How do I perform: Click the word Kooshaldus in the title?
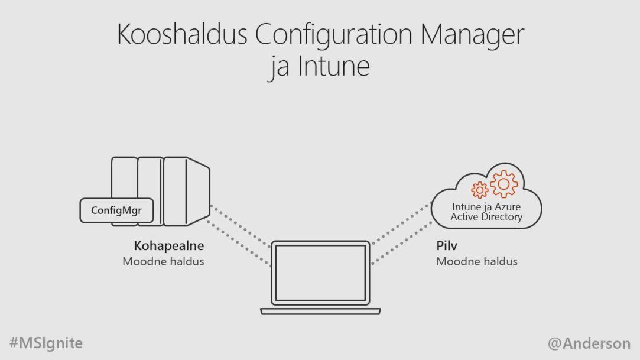(182, 34)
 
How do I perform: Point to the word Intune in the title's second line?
(333, 66)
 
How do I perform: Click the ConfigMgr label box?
(117, 210)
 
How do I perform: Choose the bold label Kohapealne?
(168, 245)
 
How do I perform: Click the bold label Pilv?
(447, 245)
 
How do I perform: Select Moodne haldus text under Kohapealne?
(163, 261)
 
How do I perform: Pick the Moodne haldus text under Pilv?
(477, 261)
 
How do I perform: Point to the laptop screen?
(320, 273)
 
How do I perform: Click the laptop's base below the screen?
(320, 312)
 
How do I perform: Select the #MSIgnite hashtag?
(46, 343)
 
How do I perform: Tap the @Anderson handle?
(589, 343)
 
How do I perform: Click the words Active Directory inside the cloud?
(486, 217)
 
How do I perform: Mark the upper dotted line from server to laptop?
(241, 226)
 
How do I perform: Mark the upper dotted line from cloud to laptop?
(402, 223)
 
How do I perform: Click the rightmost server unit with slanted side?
(187, 192)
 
